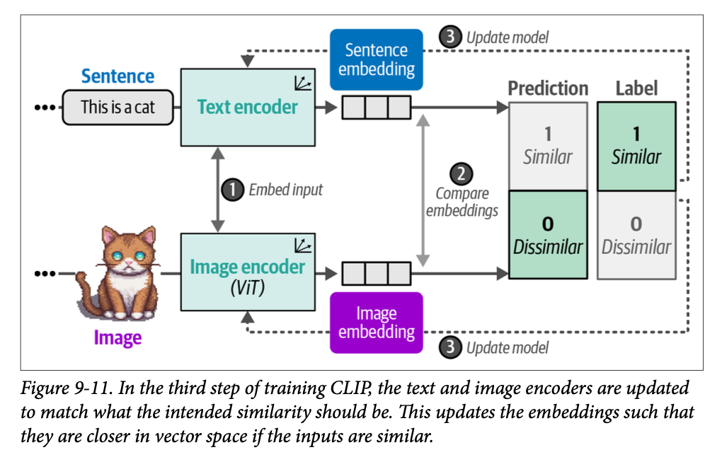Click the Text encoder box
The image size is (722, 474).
247,108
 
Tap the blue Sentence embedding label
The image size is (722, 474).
376,60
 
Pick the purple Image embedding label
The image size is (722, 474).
376,323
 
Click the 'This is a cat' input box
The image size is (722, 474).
118,108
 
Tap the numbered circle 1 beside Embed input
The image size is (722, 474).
231,190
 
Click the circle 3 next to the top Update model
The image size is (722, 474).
450,37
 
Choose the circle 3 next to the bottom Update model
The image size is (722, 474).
450,347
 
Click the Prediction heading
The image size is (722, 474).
548,88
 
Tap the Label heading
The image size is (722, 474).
636,88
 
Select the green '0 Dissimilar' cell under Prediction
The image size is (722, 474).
547,236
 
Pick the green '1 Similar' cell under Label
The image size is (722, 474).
636,146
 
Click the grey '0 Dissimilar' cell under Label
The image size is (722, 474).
636,236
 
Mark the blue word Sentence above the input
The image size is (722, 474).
118,76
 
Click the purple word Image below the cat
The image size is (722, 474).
118,337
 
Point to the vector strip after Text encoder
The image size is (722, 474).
376,108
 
